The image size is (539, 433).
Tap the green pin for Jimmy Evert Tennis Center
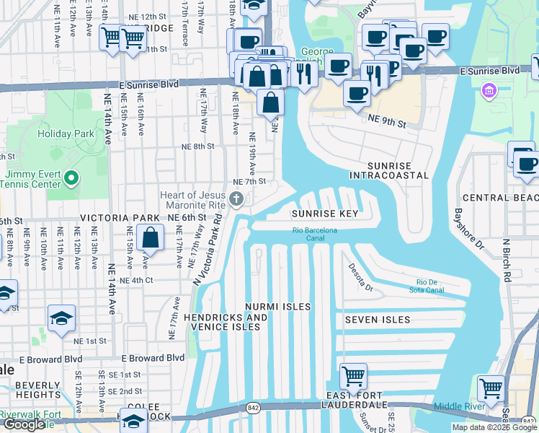pyautogui.click(x=71, y=178)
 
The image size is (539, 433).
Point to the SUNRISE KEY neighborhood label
pyautogui.click(x=324, y=214)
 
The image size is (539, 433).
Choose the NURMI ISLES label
pyautogui.click(x=277, y=307)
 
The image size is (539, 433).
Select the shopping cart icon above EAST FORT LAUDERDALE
pyautogui.click(x=353, y=376)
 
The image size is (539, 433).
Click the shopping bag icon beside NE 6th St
pyautogui.click(x=150, y=237)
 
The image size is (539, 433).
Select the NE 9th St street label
pyautogui.click(x=386, y=121)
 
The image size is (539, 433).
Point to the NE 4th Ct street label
pyautogui.click(x=137, y=280)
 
